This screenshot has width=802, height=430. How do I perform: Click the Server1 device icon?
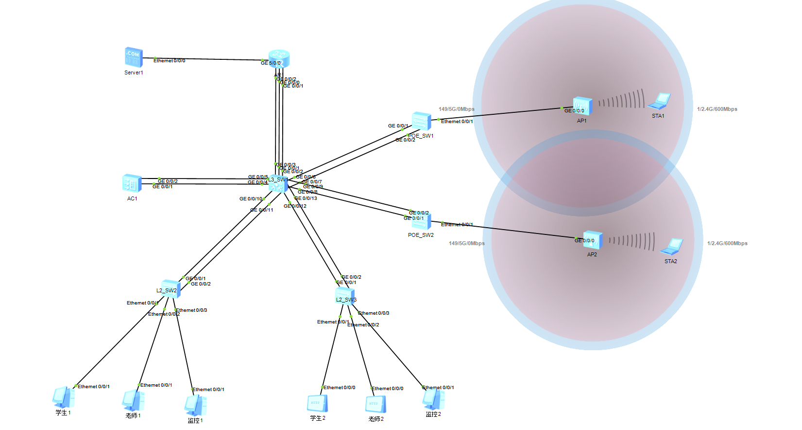[134, 57]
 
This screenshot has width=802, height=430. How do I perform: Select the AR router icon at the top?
[279, 58]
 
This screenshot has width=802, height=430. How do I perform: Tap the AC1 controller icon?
[132, 183]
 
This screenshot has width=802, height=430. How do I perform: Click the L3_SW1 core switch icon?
[278, 184]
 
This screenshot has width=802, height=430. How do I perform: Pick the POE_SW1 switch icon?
[421, 121]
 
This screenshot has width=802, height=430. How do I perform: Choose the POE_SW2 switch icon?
[421, 221]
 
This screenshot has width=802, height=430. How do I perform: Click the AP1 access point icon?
[581, 107]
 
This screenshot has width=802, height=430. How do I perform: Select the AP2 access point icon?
[593, 240]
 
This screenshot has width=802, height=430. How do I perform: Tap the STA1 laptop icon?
[659, 101]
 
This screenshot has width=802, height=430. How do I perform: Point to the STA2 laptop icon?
[672, 247]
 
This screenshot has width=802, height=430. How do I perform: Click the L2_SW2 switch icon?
[171, 289]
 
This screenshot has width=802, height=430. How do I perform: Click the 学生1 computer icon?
[63, 397]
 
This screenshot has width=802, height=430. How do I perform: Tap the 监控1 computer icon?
[195, 405]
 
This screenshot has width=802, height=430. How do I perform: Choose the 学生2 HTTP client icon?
[317, 404]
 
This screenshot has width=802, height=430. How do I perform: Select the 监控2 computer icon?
[433, 400]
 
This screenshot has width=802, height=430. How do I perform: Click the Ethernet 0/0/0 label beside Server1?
[169, 61]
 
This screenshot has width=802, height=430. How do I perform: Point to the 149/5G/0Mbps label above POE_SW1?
[456, 109]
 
